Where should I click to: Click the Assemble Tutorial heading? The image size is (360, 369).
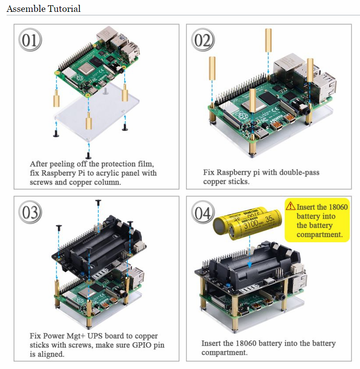pos(43,8)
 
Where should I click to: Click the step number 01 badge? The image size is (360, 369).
pos(30,40)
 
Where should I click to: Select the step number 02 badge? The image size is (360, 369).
pos(202,40)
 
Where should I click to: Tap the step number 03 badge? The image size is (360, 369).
pos(30,213)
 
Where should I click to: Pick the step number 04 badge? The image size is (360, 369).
pos(202,214)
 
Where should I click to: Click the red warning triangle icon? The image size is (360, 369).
pos(290,205)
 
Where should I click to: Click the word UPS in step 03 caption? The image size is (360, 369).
pos(93,336)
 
